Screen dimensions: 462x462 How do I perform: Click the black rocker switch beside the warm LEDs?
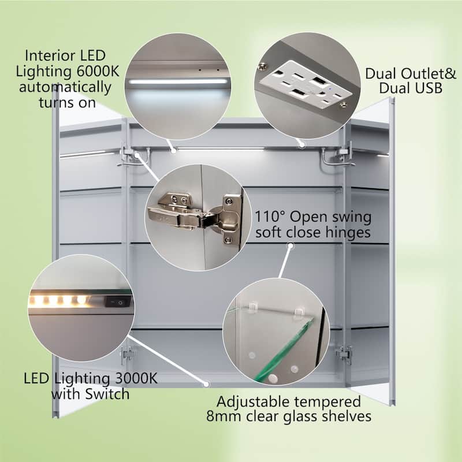point(118,301)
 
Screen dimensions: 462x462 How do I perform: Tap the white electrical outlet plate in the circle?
point(305,84)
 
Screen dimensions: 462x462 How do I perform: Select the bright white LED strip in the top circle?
point(178,81)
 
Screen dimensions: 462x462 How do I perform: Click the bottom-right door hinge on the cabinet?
point(344,354)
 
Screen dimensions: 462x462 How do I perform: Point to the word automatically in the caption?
point(65,88)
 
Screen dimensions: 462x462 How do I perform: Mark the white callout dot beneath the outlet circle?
point(302,145)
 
